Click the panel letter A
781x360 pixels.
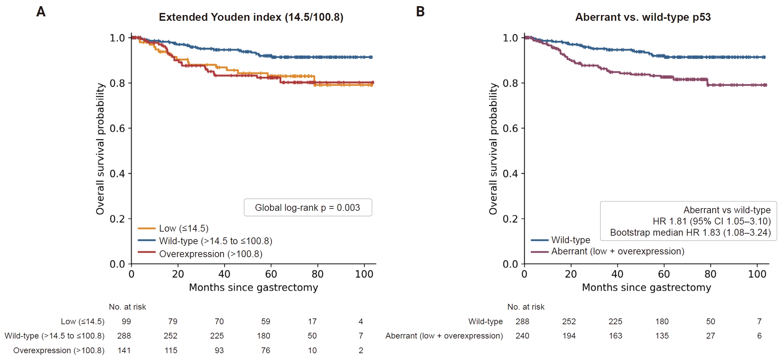[41, 12]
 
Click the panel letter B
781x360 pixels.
[420, 12]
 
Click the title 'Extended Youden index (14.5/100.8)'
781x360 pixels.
[251, 17]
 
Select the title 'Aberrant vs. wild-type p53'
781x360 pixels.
[643, 17]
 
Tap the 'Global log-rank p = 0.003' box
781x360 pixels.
[308, 207]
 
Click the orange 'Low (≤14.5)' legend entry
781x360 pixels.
[173, 228]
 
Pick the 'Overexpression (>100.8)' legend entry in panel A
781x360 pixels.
[200, 254]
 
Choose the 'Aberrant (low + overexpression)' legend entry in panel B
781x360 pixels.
[607, 251]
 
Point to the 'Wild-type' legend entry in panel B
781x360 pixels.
[560, 240]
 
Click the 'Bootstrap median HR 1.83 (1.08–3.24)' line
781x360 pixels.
[690, 232]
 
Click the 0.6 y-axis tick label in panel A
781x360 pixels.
[118, 128]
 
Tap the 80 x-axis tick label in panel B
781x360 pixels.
[710, 274]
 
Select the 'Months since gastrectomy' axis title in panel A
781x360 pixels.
[253, 287]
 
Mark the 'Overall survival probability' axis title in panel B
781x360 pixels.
[493, 149]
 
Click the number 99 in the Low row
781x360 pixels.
[126, 322]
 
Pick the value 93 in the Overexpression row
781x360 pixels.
[219, 350]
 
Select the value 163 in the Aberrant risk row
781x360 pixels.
[615, 336]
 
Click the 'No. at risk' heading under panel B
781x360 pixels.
[526, 307]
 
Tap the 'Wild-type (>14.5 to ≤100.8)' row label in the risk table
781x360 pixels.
[54, 336]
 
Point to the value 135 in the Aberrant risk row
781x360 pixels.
[662, 336]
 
